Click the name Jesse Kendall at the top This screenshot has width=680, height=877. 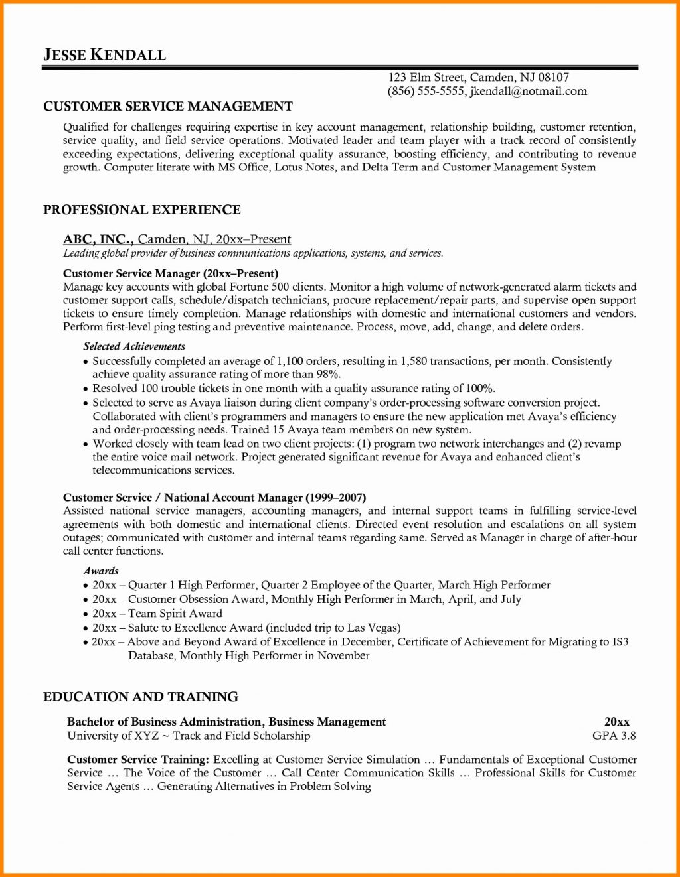pos(104,54)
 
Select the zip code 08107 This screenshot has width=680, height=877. pos(553,77)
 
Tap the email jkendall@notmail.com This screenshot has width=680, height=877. pos(528,91)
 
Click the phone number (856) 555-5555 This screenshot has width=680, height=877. pos(426,91)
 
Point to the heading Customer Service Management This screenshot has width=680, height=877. pos(167,106)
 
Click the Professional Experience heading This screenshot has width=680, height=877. pos(141,210)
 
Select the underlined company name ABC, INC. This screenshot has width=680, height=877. pos(98,239)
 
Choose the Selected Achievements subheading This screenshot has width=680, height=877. pos(133,346)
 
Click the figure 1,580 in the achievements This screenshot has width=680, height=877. pos(413,361)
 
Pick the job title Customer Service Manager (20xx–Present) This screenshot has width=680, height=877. pos(170,273)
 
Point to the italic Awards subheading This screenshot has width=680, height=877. pos(101,571)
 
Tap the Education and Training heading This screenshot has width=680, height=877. pos(140,697)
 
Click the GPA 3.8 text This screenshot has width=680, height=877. pos(614,735)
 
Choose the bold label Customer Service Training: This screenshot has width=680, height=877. pos(138,759)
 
